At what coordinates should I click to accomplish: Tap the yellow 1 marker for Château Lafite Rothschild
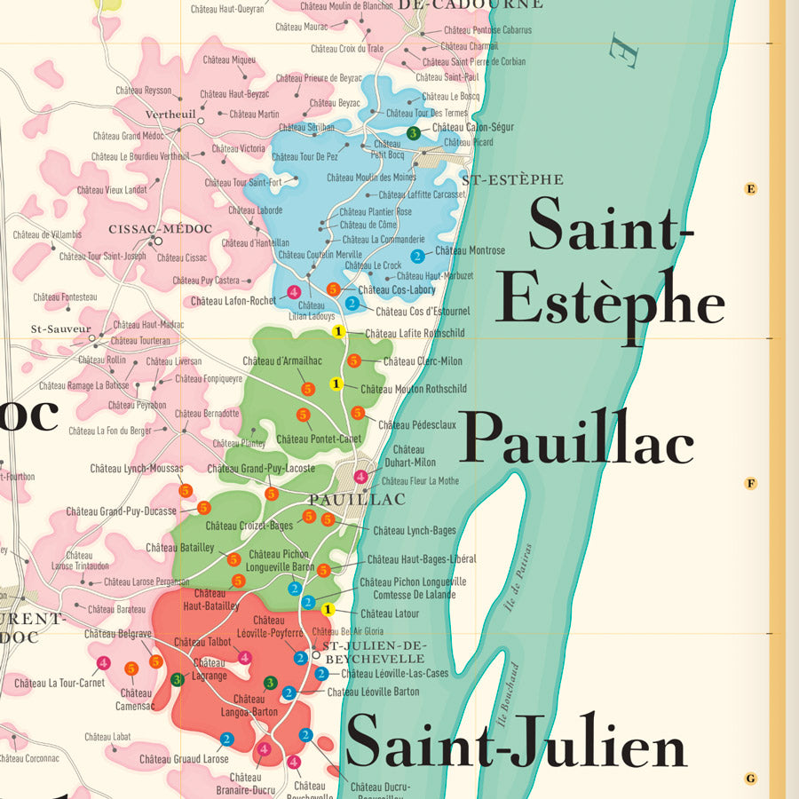[337, 332]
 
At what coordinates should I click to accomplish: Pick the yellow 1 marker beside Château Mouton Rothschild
[336, 384]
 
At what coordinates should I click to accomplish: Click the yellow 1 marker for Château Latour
[328, 609]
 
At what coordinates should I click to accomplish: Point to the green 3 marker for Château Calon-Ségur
[413, 133]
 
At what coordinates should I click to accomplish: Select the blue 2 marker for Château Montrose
[417, 257]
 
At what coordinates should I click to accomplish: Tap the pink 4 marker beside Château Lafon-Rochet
[294, 292]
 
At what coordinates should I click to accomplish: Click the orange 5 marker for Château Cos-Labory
[334, 289]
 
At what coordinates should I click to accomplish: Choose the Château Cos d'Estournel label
[423, 312]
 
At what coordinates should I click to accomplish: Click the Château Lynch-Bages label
[414, 531]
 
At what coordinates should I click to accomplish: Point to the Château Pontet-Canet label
[319, 439]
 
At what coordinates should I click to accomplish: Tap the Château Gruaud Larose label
[184, 759]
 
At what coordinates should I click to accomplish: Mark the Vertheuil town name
[170, 115]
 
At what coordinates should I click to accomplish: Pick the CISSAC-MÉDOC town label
[161, 229]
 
